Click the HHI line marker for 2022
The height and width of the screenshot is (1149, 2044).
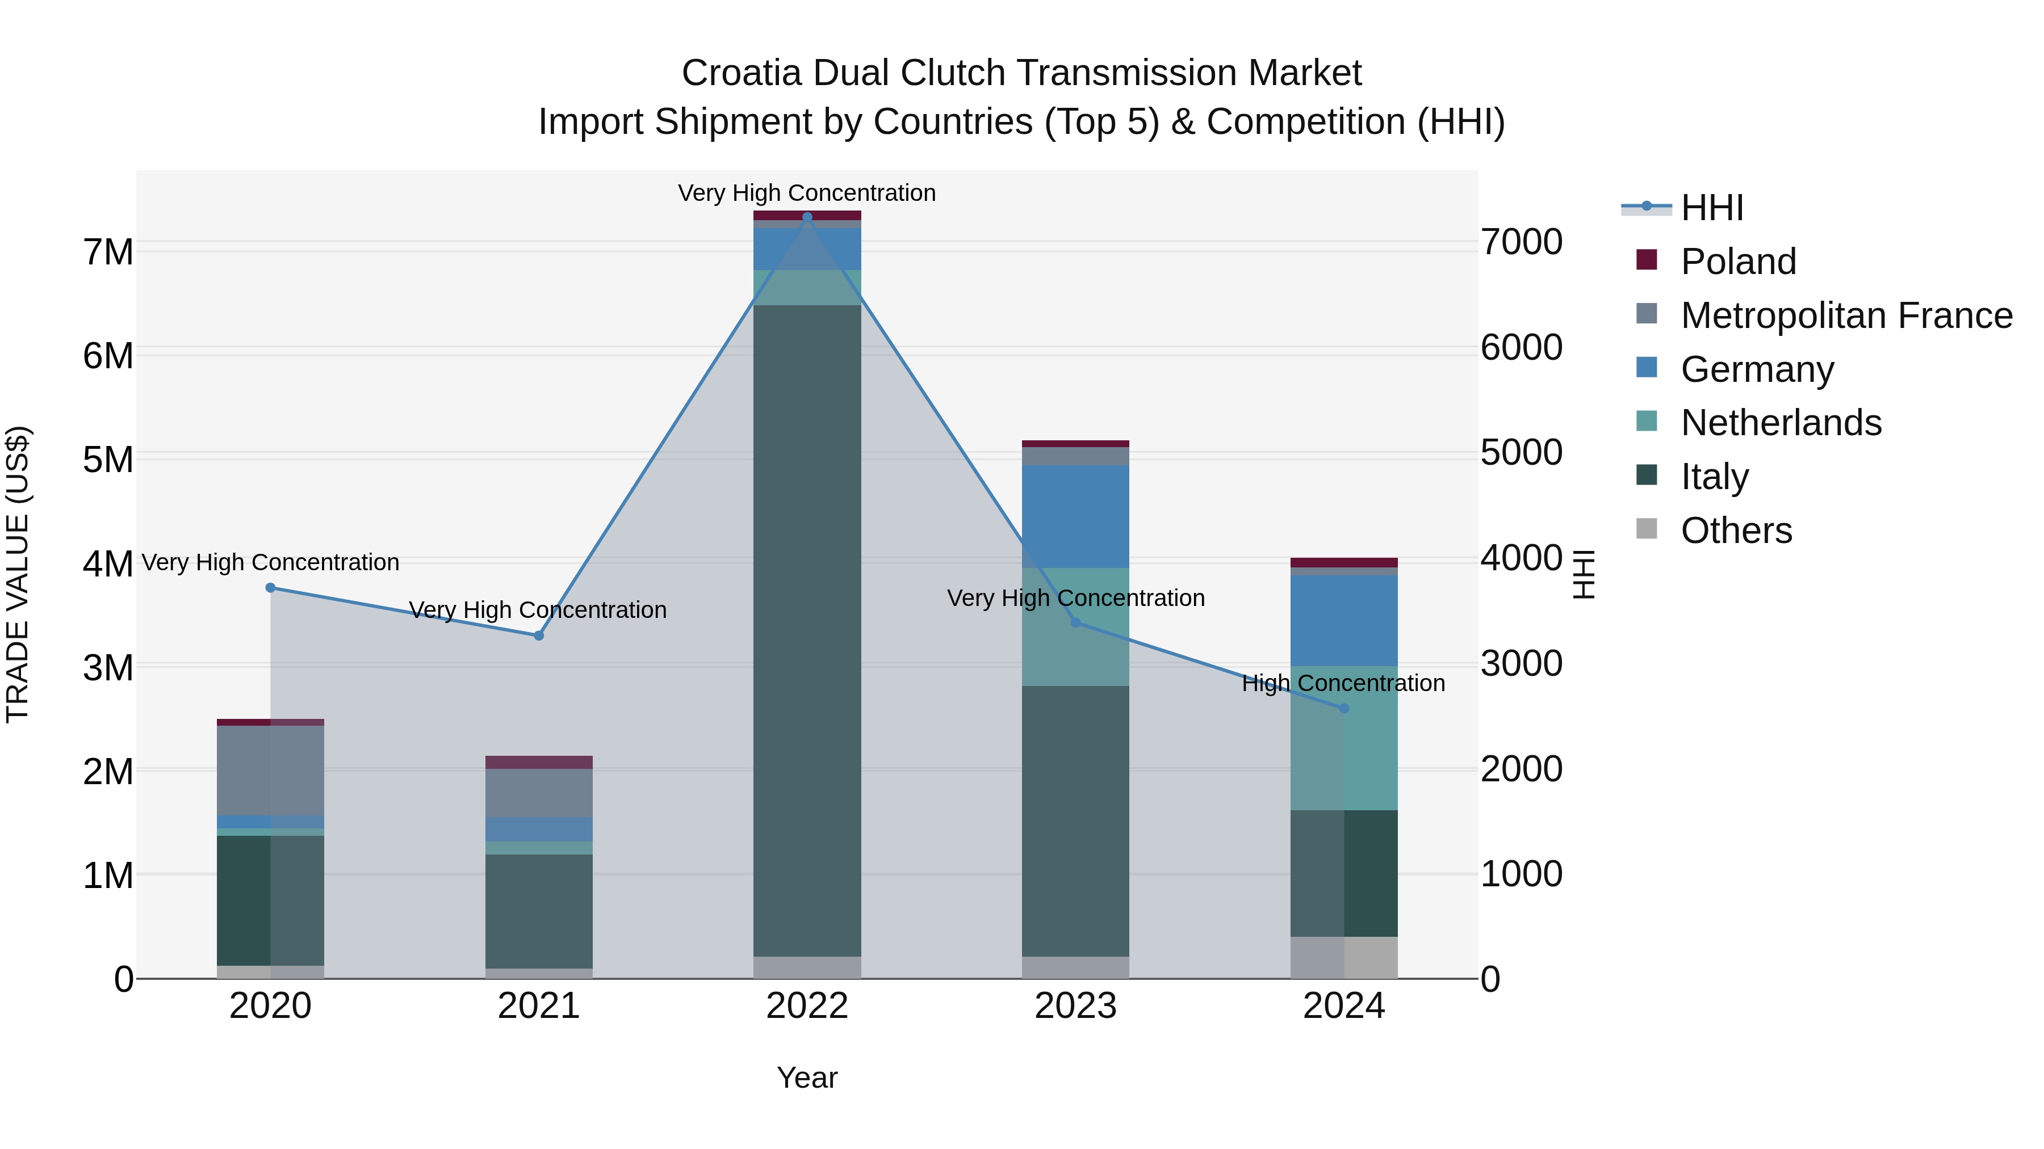(807, 217)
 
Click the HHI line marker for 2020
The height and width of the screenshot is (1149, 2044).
(271, 588)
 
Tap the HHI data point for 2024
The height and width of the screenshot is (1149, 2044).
(1344, 708)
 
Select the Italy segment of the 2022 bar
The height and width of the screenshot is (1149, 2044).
(807, 630)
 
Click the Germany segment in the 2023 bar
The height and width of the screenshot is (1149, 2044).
(1075, 516)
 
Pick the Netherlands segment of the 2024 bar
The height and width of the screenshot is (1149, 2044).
(1344, 738)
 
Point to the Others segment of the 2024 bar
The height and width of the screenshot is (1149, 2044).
(1344, 957)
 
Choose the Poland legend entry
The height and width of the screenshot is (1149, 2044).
(1738, 262)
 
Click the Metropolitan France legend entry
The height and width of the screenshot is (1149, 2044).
(1846, 315)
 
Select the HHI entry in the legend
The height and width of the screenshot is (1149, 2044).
(1711, 208)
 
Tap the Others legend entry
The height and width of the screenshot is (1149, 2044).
(1736, 531)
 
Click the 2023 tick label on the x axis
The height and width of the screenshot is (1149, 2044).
(1075, 1006)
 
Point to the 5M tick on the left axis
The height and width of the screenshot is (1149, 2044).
(108, 459)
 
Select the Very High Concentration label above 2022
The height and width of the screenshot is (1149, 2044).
(807, 193)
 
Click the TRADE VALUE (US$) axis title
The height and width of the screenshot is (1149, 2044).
(18, 574)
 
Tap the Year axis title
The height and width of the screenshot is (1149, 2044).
(807, 1078)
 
